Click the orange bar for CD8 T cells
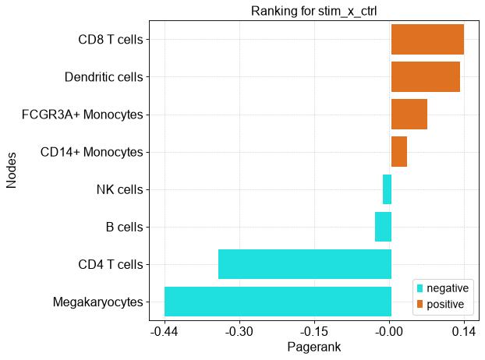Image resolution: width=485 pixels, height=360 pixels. pos(427,39)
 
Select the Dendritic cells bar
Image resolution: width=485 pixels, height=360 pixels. pos(426,76)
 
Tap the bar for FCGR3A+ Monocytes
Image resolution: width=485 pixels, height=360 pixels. pos(409,114)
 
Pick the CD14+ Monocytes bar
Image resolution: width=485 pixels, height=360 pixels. pos(399,151)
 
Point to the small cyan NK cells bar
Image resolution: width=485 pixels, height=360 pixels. pos(387,189)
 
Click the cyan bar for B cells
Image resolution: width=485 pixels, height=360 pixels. pos(383,227)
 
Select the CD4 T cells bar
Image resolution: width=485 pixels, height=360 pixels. pos(305,264)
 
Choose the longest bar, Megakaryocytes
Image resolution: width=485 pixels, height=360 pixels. pos(278,302)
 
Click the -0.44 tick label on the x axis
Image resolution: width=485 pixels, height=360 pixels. pos(165,332)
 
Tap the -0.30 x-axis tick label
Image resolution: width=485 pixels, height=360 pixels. pos(239,332)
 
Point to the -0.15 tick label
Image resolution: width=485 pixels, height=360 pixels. pos(314,332)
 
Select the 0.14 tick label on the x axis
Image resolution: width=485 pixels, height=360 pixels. pos(464,332)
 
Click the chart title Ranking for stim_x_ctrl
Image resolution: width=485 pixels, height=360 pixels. pos(314,11)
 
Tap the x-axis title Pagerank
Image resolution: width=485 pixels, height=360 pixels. pos(314,347)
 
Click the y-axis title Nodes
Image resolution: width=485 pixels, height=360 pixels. pos(11,171)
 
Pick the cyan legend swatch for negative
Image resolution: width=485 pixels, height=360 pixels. pos(420,288)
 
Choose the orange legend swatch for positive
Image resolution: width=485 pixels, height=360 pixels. pos(420,304)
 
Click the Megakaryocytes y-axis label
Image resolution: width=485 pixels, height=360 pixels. pos(97,302)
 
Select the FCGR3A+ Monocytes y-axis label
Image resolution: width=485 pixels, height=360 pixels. pos(83,115)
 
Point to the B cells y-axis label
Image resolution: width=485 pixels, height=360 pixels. pos(124,227)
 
